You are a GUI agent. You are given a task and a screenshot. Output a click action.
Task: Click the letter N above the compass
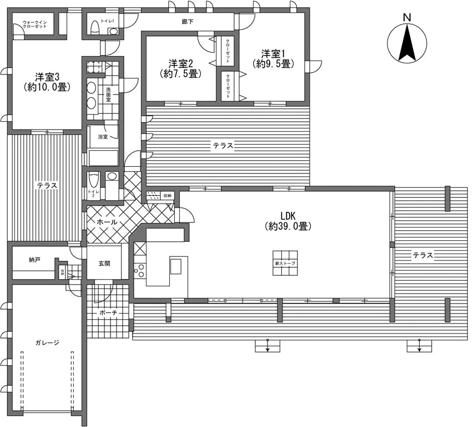click(407, 18)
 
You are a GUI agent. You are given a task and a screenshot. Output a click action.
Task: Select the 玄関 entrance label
click(105, 263)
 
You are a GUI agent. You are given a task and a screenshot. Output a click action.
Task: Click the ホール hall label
click(107, 222)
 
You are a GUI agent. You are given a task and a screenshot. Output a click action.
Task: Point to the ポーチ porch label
click(108, 313)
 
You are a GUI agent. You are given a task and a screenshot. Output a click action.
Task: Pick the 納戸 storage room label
click(34, 260)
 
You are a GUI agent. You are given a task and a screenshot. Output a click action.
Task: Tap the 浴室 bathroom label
click(103, 136)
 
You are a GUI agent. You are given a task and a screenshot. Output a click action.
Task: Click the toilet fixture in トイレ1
click(94, 27)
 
